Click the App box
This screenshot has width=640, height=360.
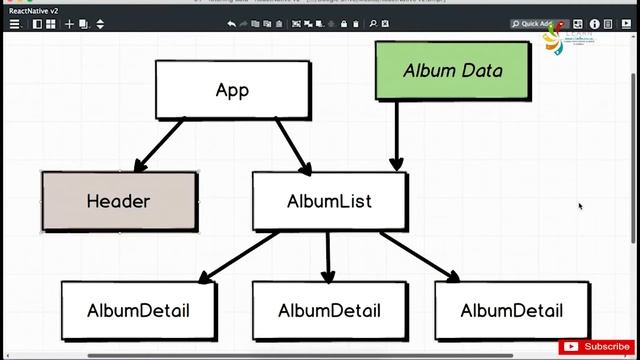(x=232, y=90)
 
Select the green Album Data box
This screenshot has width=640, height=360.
(x=452, y=70)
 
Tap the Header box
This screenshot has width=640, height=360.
(x=118, y=201)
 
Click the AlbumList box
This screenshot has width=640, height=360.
(x=329, y=201)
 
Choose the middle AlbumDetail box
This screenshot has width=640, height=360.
(x=329, y=310)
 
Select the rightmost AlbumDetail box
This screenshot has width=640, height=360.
(x=512, y=310)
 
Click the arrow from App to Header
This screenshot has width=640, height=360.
(x=160, y=144)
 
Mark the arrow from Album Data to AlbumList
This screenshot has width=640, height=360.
(x=397, y=135)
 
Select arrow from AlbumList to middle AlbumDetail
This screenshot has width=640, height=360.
(x=328, y=255)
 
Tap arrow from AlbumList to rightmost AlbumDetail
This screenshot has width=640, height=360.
(x=420, y=255)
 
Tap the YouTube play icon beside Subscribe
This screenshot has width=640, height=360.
(x=571, y=347)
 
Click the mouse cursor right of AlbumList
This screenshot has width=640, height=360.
(x=580, y=207)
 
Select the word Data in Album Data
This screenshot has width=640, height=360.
(x=482, y=70)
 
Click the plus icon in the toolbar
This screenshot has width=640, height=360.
(x=69, y=23)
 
